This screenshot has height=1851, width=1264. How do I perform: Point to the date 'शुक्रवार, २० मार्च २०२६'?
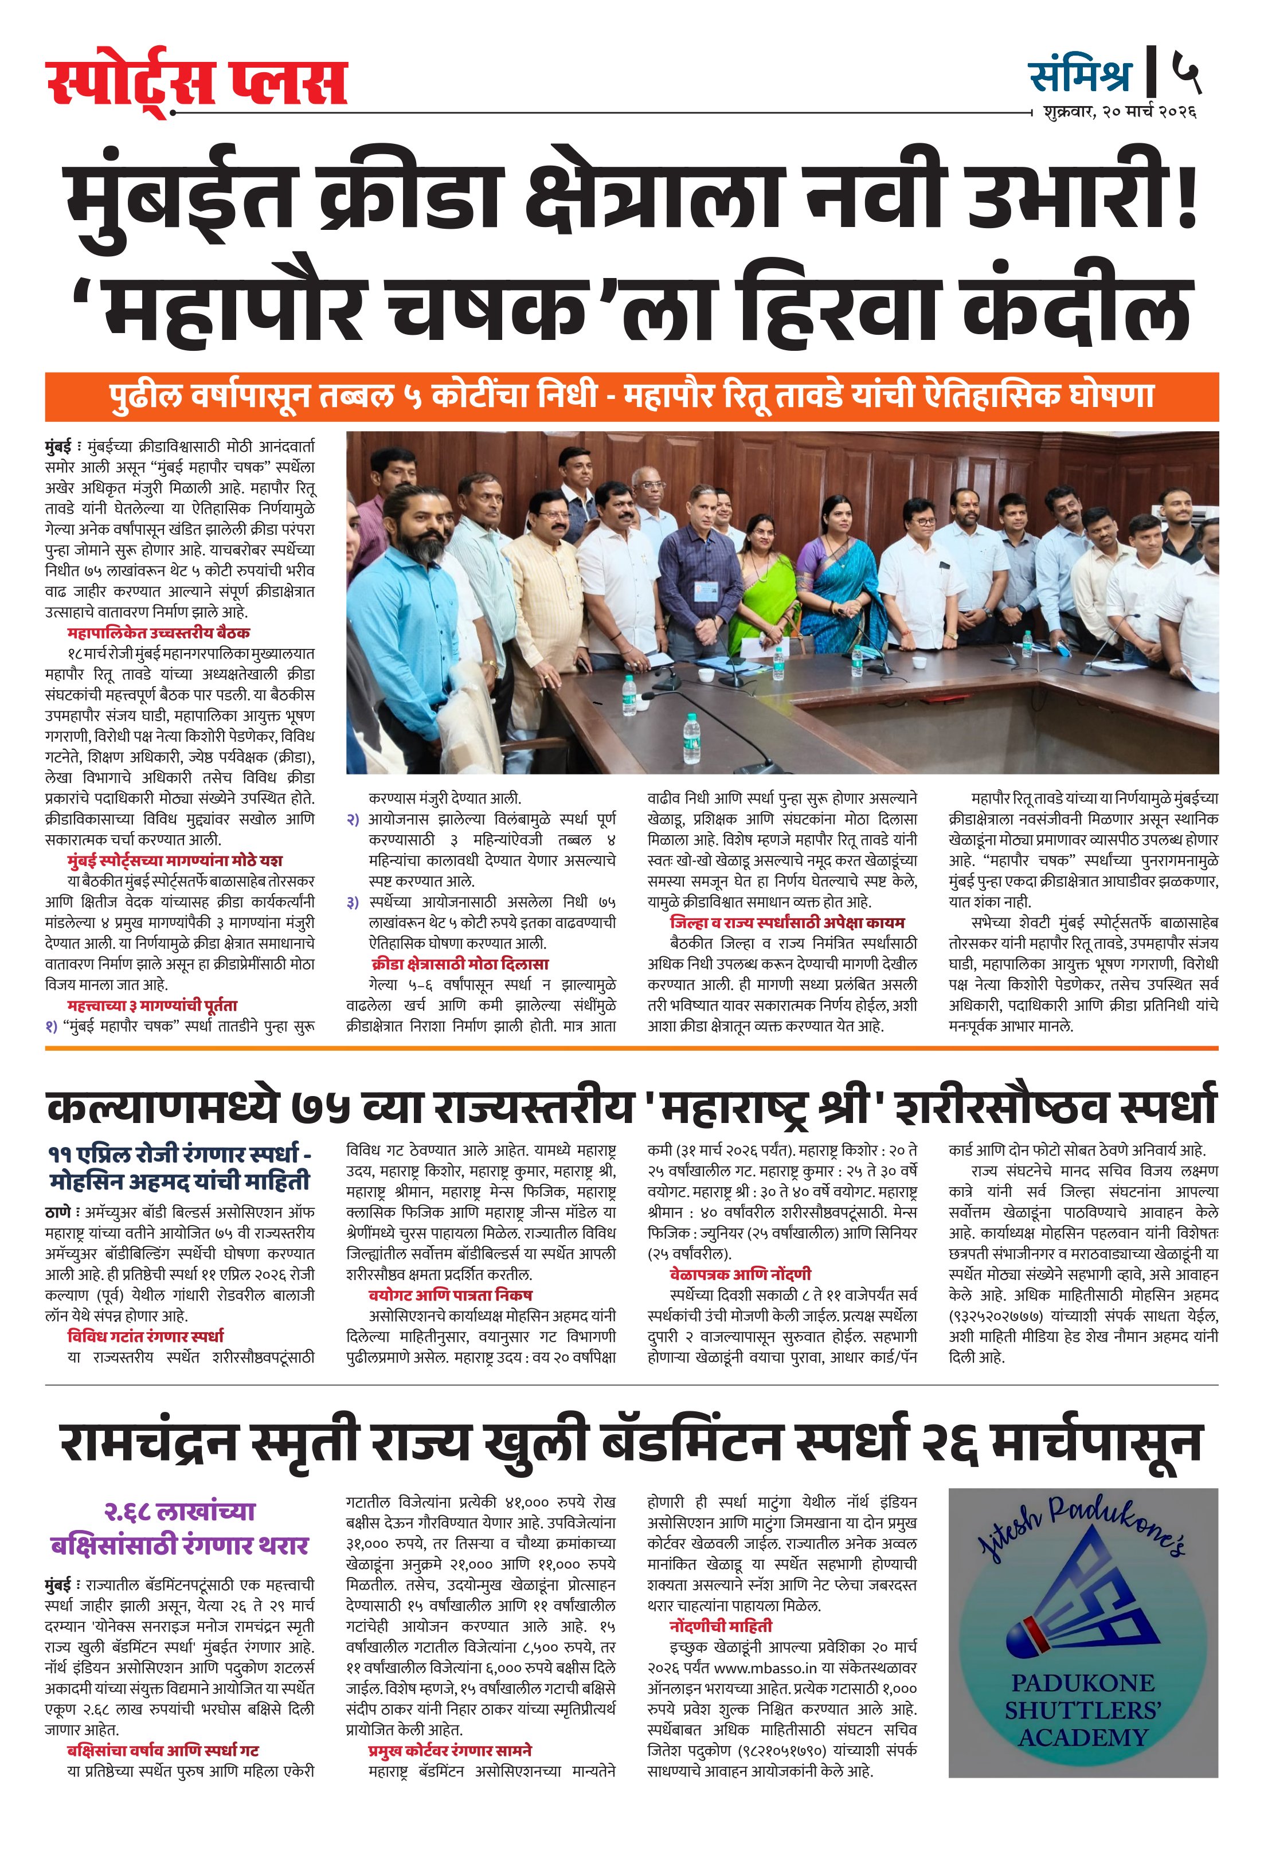[x=1118, y=112]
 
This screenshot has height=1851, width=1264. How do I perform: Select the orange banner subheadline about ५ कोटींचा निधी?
[x=632, y=396]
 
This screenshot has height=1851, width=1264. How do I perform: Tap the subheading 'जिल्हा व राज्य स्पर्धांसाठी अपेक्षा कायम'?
[x=787, y=923]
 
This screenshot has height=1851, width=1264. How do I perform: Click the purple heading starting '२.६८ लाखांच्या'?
[x=180, y=1512]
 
